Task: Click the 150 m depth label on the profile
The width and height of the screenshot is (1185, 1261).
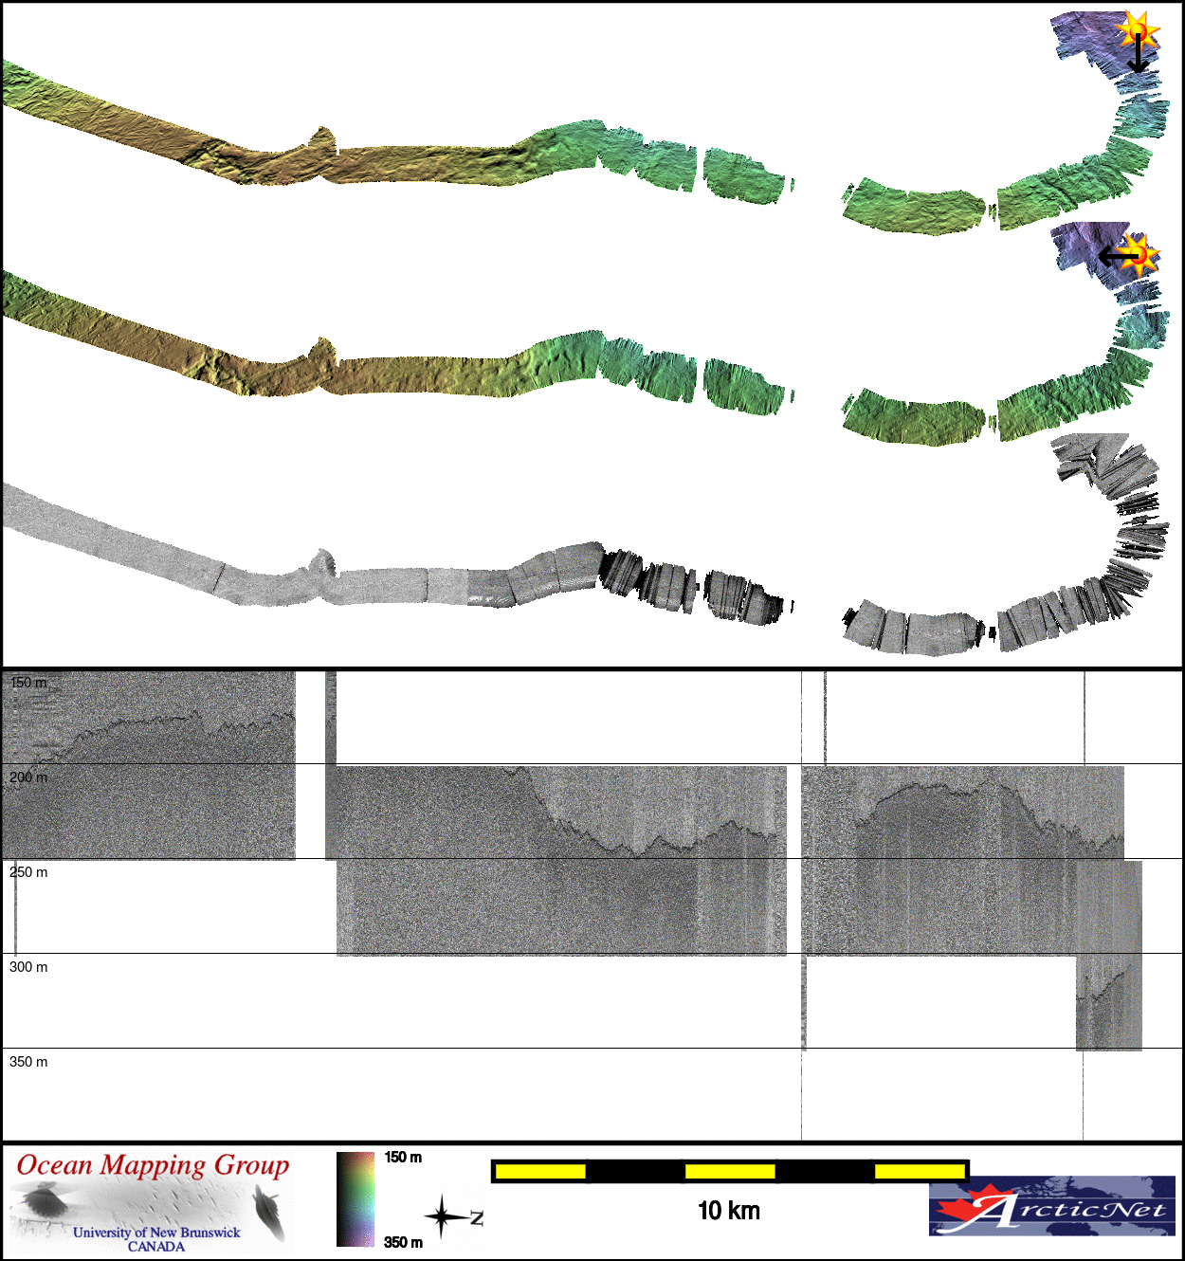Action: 28,683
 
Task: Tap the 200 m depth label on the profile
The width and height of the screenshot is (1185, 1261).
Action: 28,777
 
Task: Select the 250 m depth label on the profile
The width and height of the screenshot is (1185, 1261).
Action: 28,872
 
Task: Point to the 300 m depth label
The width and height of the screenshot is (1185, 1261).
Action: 28,967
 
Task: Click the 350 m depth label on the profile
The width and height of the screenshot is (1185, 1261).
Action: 28,1062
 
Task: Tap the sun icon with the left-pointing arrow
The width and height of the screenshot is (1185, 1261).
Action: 1139,255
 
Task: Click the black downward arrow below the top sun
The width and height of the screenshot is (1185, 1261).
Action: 1138,53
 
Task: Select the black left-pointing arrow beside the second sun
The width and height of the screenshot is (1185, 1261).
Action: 1119,256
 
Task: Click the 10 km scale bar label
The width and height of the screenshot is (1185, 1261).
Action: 729,1211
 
